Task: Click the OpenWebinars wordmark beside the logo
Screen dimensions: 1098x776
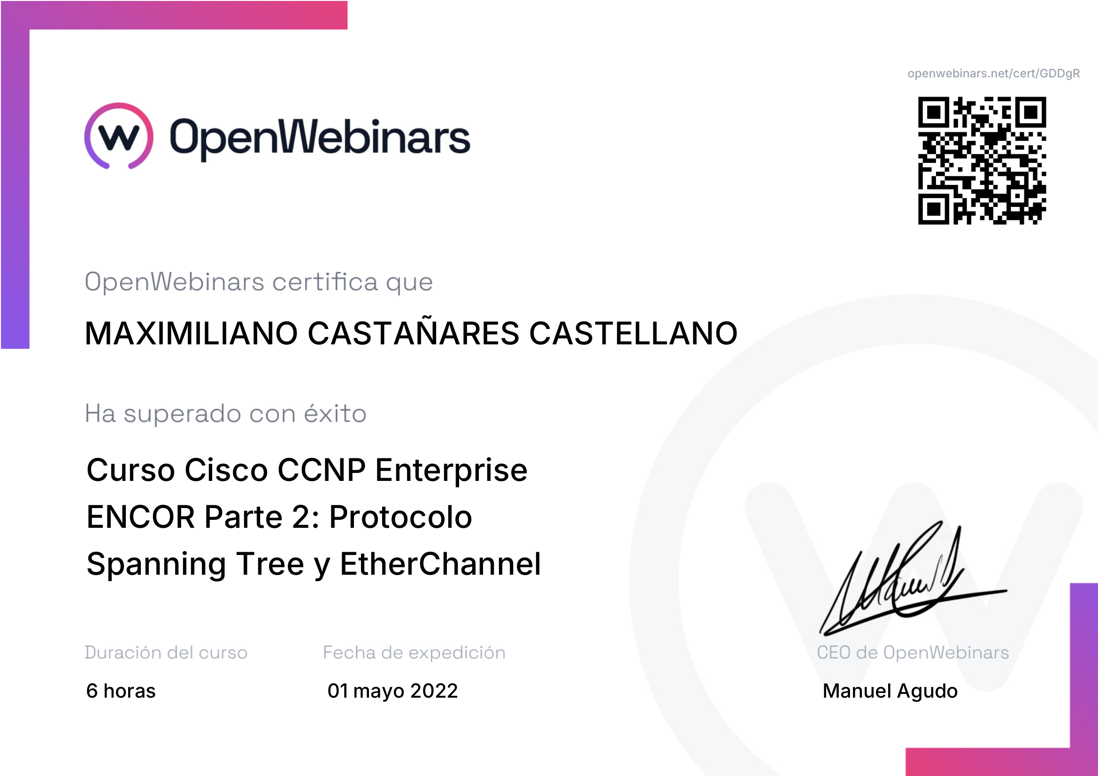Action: pos(320,138)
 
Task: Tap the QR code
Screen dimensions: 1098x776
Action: pos(982,160)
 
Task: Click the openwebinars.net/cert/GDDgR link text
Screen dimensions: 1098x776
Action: pos(993,74)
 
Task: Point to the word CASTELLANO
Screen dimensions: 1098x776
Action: pos(633,333)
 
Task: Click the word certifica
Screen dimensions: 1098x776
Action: pos(325,282)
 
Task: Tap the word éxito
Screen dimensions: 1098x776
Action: pos(335,413)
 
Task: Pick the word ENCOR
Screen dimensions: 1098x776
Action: pos(141,517)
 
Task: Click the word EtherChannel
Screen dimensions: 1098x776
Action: pos(440,563)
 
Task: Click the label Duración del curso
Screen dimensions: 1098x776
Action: pos(166,653)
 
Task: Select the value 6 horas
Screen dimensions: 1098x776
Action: pos(121,691)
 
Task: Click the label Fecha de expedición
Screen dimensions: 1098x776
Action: pos(414,653)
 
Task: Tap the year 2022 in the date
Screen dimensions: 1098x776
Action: pos(434,691)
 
